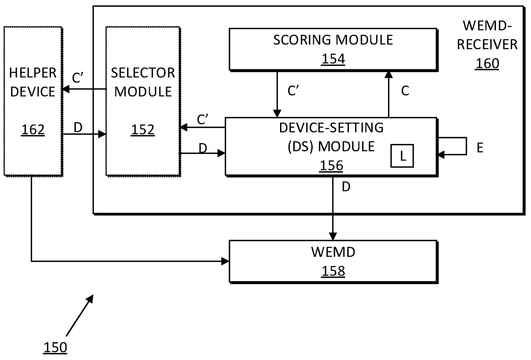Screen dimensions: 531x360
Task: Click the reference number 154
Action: click(333, 59)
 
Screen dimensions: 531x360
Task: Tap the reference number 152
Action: click(143, 129)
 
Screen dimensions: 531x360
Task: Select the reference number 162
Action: click(33, 129)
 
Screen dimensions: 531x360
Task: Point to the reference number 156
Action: click(331, 165)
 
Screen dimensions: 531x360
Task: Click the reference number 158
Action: click(333, 271)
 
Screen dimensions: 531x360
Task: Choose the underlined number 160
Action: click(487, 63)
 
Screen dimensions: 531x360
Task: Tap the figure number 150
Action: click(55, 348)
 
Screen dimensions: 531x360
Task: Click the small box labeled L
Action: click(402, 156)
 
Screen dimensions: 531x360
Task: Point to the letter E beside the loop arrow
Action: click(480, 148)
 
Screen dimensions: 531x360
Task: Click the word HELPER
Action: click(33, 73)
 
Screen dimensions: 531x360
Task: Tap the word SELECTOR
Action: click(143, 73)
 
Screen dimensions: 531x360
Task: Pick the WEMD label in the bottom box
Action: click(333, 252)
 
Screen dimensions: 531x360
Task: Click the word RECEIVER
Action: click(487, 45)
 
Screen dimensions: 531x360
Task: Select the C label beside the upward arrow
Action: click(405, 91)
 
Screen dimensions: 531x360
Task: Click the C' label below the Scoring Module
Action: click(293, 91)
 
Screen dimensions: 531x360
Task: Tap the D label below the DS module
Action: click(346, 187)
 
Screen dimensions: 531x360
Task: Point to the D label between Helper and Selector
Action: click(78, 127)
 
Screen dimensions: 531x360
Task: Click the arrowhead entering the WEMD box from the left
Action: click(225, 261)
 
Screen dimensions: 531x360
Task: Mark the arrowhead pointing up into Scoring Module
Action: click(388, 75)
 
